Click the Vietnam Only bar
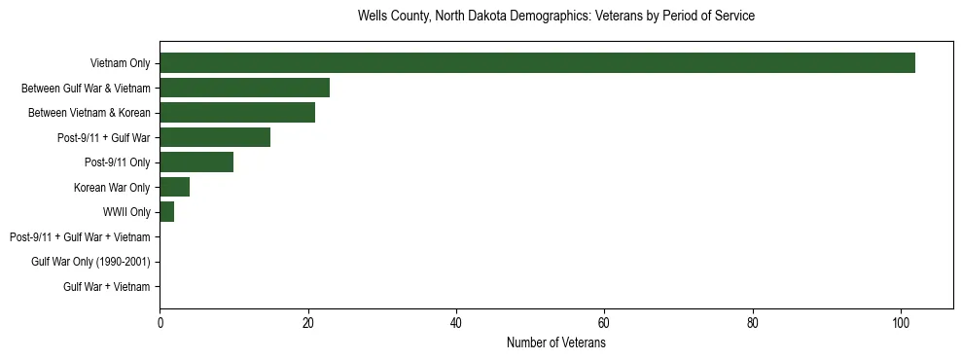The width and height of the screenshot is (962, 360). [x=537, y=63]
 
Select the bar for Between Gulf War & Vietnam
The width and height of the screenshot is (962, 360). [x=244, y=88]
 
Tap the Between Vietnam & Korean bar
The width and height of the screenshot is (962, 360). [x=237, y=113]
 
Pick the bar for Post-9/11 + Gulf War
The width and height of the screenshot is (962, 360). [x=215, y=137]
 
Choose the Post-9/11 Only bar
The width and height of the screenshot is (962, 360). [x=196, y=162]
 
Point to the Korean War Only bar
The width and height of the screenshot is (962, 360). [x=174, y=187]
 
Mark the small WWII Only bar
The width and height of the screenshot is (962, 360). [x=166, y=212]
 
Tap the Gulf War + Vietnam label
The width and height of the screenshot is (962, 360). [x=107, y=287]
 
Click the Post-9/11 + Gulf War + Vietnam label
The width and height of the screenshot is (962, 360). [x=80, y=237]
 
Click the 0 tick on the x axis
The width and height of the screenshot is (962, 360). [x=160, y=323]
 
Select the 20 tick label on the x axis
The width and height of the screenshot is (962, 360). [x=308, y=323]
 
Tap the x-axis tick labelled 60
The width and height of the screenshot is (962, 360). [x=604, y=323]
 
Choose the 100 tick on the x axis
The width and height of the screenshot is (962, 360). [x=901, y=323]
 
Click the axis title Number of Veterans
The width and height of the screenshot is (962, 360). [x=556, y=342]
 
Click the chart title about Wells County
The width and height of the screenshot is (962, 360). [x=556, y=17]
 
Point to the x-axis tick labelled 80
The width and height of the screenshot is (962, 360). [x=753, y=323]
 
